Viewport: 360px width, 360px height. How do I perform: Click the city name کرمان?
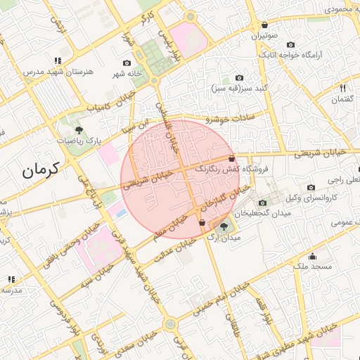pyautogui.click(x=39, y=169)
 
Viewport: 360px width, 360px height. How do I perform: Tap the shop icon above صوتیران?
pyautogui.click(x=264, y=24)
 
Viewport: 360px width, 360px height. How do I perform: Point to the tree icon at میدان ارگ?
pyautogui.click(x=224, y=226)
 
